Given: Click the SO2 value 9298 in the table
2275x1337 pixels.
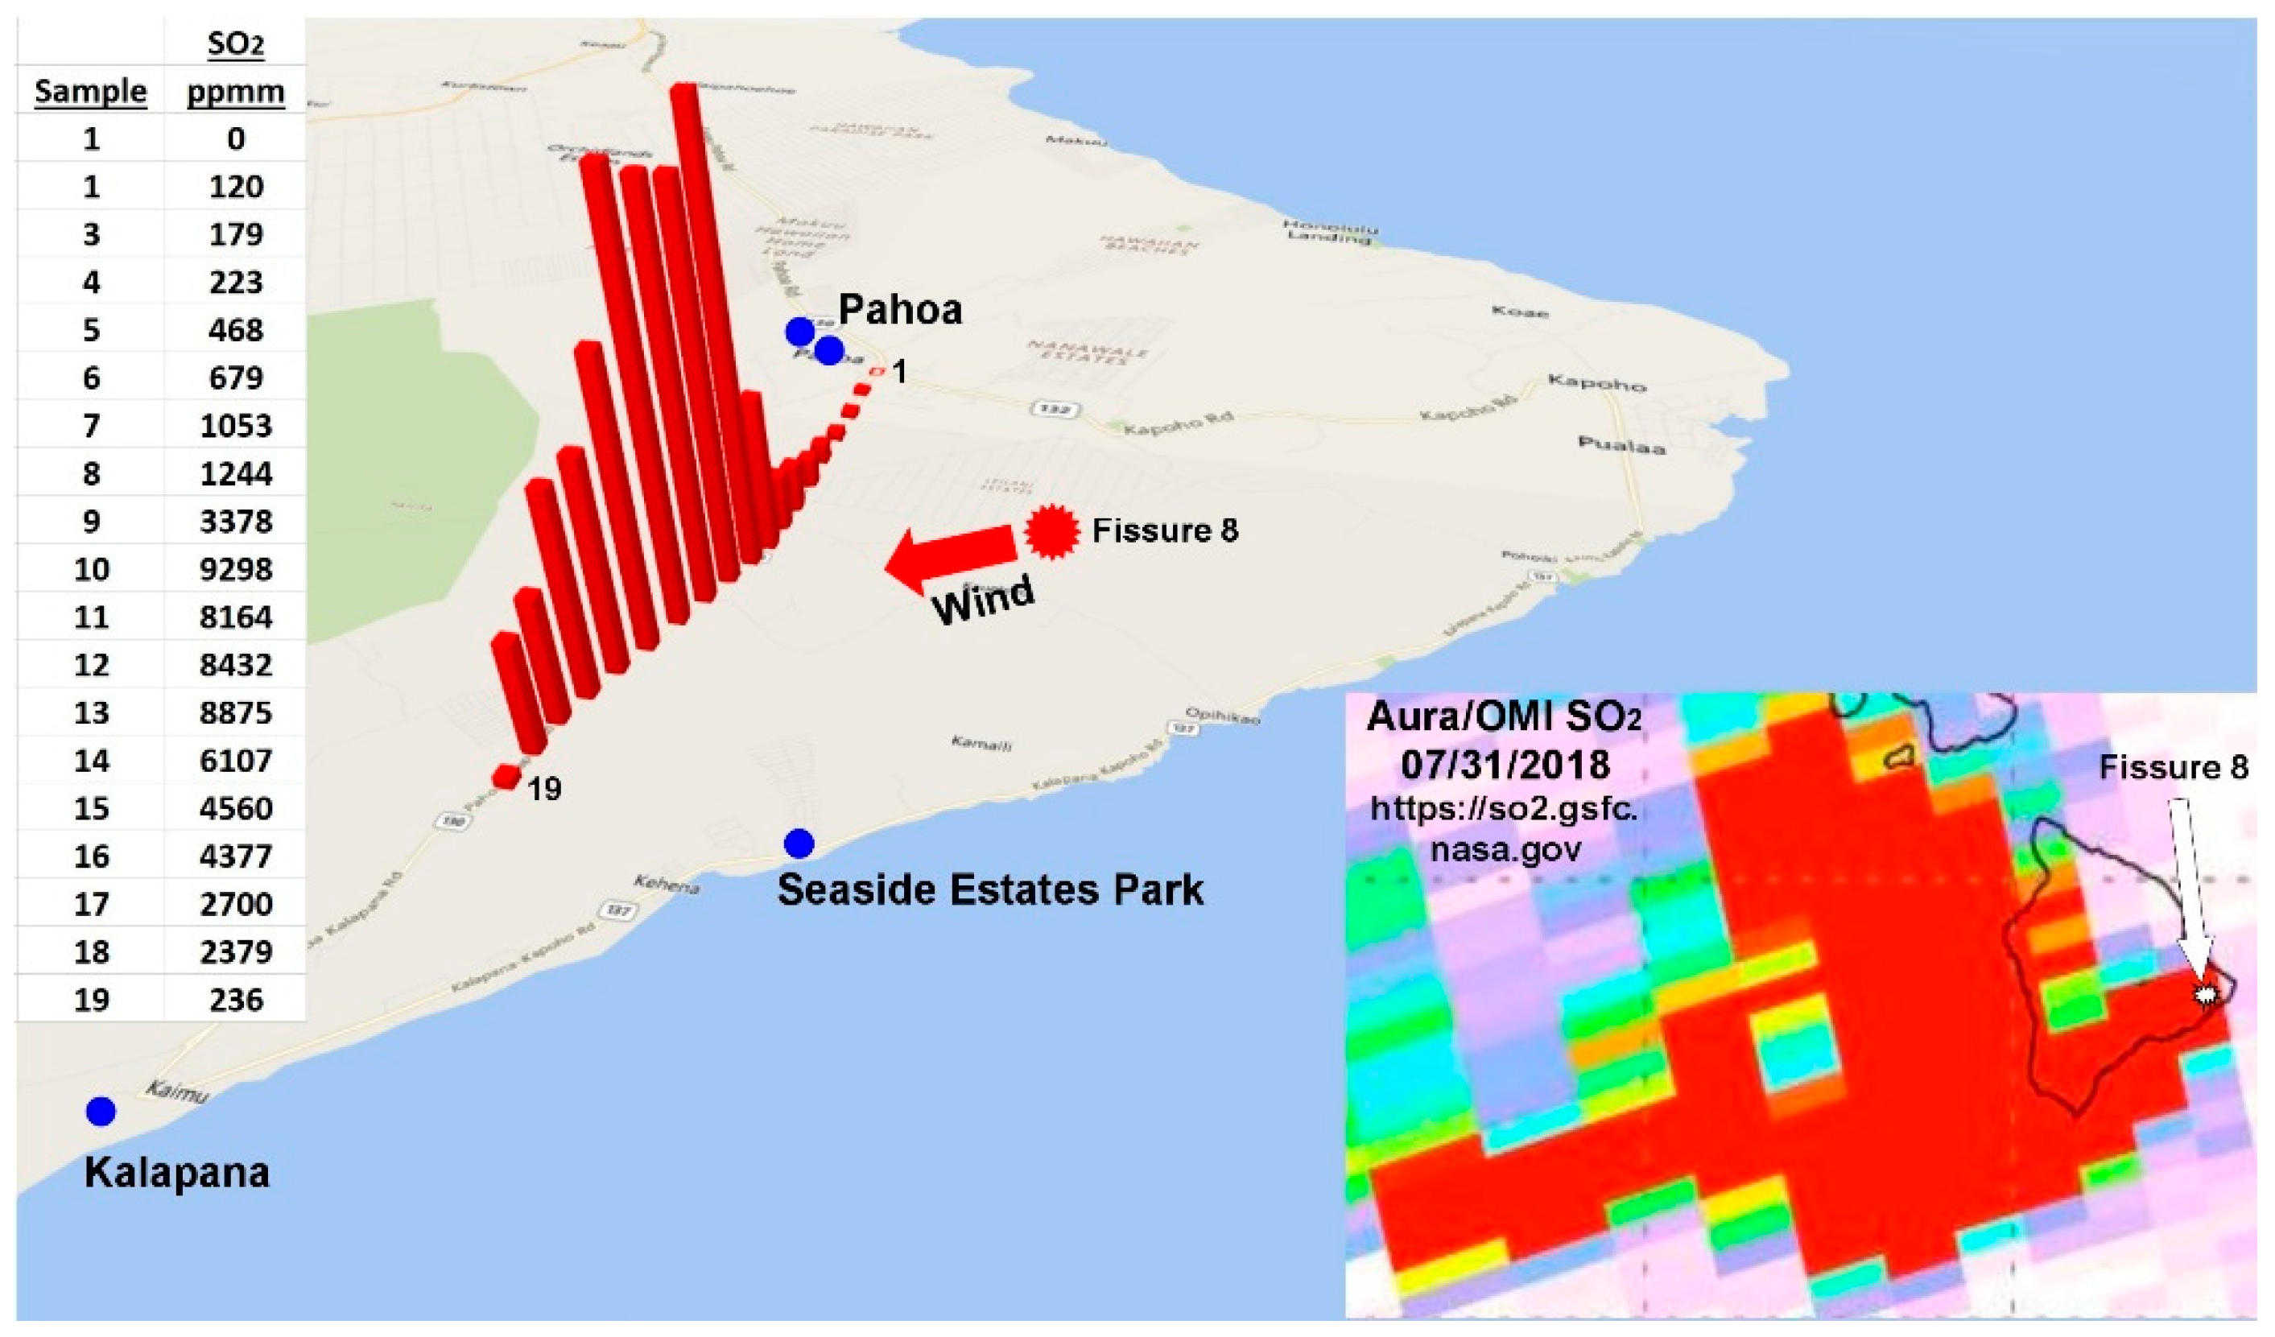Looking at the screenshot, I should [x=236, y=570].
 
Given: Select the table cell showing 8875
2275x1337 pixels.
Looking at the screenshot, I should [x=236, y=713].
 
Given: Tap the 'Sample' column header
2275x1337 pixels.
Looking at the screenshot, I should [x=90, y=91].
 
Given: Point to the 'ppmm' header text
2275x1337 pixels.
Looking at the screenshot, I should [x=236, y=92].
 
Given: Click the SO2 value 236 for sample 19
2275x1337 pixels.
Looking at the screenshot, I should [x=236, y=1001].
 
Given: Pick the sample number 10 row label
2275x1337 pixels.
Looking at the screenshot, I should [x=91, y=570].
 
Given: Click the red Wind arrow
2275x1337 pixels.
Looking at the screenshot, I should [x=948, y=555].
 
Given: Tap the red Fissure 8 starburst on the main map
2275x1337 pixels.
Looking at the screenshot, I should [x=1051, y=532].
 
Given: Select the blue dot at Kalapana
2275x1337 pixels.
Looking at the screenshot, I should [x=101, y=1112].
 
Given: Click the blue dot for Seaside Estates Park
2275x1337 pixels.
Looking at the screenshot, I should [x=799, y=844].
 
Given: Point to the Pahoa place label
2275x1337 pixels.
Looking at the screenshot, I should [x=900, y=310].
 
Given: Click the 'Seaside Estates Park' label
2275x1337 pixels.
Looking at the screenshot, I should [x=990, y=890].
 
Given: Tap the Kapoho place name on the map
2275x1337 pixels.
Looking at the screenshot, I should [x=1597, y=383].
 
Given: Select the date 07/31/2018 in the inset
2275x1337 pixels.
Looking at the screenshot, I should [x=1505, y=765].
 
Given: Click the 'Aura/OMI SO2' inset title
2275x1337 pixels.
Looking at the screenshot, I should [x=1504, y=718].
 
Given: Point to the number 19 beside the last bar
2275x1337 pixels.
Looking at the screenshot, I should [x=544, y=790].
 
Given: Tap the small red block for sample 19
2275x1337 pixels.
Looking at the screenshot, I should [x=506, y=777].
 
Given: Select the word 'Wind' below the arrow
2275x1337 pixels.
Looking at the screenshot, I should [x=983, y=600].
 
